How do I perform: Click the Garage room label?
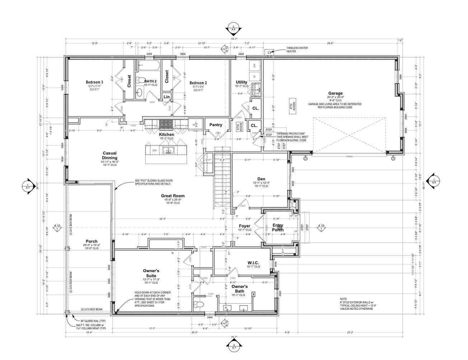pyautogui.click(x=335, y=93)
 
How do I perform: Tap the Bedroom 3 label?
pyautogui.click(x=94, y=82)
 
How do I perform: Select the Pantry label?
pyautogui.click(x=216, y=125)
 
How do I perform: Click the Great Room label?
pyautogui.click(x=173, y=196)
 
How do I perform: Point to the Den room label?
pyautogui.click(x=261, y=179)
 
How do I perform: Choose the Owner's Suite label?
pyautogui.click(x=151, y=273)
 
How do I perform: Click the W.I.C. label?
pyautogui.click(x=253, y=263)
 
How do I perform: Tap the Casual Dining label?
pyautogui.click(x=109, y=155)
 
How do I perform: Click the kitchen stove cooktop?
pyautogui.click(x=166, y=124)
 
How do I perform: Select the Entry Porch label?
pyautogui.click(x=278, y=228)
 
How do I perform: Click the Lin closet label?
pyautogui.click(x=167, y=97)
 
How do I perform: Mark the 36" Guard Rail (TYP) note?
pyautogui.click(x=85, y=321)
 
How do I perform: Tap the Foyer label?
pyautogui.click(x=244, y=226)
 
